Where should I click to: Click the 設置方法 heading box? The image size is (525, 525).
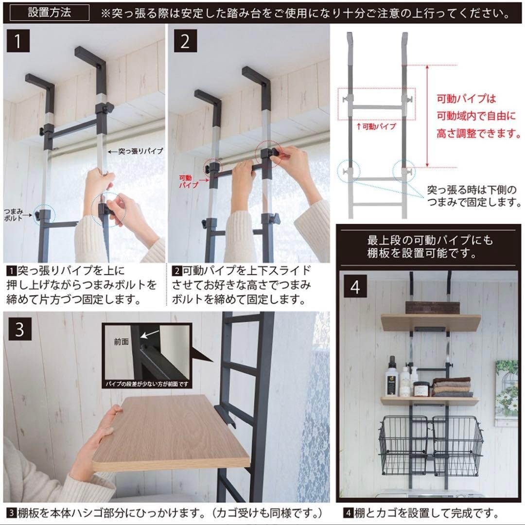(x=49, y=12)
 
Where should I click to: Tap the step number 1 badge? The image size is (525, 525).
(x=17, y=41)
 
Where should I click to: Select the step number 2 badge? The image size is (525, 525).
(x=185, y=41)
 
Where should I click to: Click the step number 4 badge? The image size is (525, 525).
(x=355, y=287)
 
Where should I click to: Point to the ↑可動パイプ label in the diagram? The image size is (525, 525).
(x=376, y=126)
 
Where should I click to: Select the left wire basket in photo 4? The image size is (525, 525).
(x=403, y=445)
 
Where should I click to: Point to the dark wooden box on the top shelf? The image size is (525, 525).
(x=432, y=308)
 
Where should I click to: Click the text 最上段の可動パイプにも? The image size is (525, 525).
(x=430, y=240)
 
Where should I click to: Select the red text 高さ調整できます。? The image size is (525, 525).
(x=478, y=133)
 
